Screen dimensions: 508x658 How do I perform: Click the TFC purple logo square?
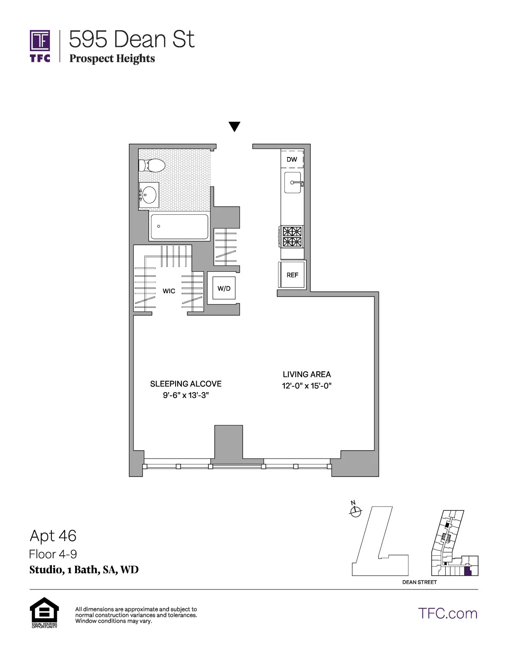pos(39,40)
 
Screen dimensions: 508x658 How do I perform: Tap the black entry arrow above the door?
pos(234,126)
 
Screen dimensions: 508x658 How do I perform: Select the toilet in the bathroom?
pos(151,166)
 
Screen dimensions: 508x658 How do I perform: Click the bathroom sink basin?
pos(149,194)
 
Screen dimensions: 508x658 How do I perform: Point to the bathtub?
pos(179,227)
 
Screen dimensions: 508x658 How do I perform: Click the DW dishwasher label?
pos(292,159)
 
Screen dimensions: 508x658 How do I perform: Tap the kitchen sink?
pos(293,183)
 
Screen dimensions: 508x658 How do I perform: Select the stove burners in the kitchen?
pos(292,236)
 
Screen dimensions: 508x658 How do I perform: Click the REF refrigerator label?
pos(292,275)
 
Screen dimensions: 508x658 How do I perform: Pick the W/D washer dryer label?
pos(224,288)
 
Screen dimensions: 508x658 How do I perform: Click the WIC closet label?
pos(169,291)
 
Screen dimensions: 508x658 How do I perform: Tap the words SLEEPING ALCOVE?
pos(186,384)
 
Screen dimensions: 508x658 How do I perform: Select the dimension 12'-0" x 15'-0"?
pos(306,386)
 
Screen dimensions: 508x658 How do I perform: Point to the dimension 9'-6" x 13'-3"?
pos(186,395)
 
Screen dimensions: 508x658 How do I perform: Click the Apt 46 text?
pos(53,536)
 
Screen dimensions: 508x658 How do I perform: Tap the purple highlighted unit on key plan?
pos(468,571)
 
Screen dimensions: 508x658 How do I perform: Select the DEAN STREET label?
pos(419,582)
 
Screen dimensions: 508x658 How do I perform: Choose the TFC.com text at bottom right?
pos(448,614)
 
